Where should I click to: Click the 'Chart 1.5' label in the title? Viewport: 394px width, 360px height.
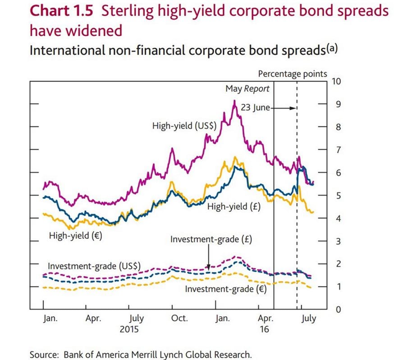(61, 11)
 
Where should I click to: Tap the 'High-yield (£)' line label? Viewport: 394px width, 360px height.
(234, 207)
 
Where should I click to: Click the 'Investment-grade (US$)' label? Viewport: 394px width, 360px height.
(94, 266)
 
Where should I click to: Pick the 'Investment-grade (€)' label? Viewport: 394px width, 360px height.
(226, 288)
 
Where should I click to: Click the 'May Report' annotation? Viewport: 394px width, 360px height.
(247, 89)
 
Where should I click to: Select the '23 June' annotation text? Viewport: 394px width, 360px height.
(255, 108)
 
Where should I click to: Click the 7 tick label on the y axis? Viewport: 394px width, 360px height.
(334, 150)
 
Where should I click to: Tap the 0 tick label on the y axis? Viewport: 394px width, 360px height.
(334, 310)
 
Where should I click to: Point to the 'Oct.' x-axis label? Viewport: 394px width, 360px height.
(179, 319)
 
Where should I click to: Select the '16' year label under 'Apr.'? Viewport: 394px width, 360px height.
(264, 329)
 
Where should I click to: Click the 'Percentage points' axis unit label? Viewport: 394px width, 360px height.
(293, 73)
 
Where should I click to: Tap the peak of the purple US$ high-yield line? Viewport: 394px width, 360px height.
(234, 101)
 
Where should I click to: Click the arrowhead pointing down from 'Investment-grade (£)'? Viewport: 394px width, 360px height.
(208, 268)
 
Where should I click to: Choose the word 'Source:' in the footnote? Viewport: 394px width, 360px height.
(44, 354)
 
